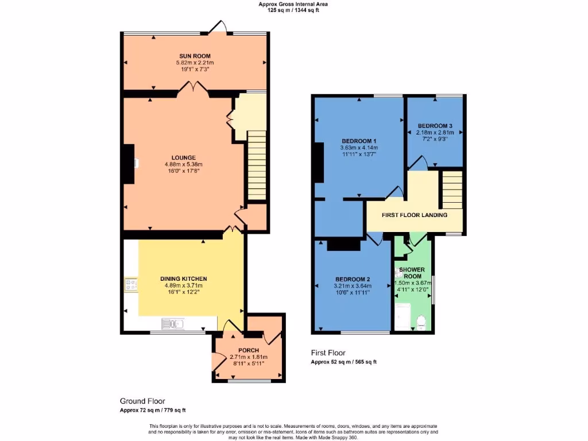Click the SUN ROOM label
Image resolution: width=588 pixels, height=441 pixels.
[x=195, y=56]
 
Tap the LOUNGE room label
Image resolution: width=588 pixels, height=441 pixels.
[x=183, y=157]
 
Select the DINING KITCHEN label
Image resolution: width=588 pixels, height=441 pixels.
[x=183, y=278]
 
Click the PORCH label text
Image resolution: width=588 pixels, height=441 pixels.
[x=249, y=350]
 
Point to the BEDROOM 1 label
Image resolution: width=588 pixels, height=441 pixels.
[x=359, y=141]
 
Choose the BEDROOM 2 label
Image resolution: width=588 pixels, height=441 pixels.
[x=353, y=279]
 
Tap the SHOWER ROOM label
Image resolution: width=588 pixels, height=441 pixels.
[x=412, y=272]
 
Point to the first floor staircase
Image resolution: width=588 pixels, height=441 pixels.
[x=453, y=189]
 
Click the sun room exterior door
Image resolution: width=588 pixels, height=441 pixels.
[x=220, y=27]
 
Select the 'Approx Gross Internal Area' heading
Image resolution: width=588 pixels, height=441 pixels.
[x=293, y=4]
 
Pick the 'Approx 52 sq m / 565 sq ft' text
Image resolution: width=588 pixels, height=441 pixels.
[x=343, y=362]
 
